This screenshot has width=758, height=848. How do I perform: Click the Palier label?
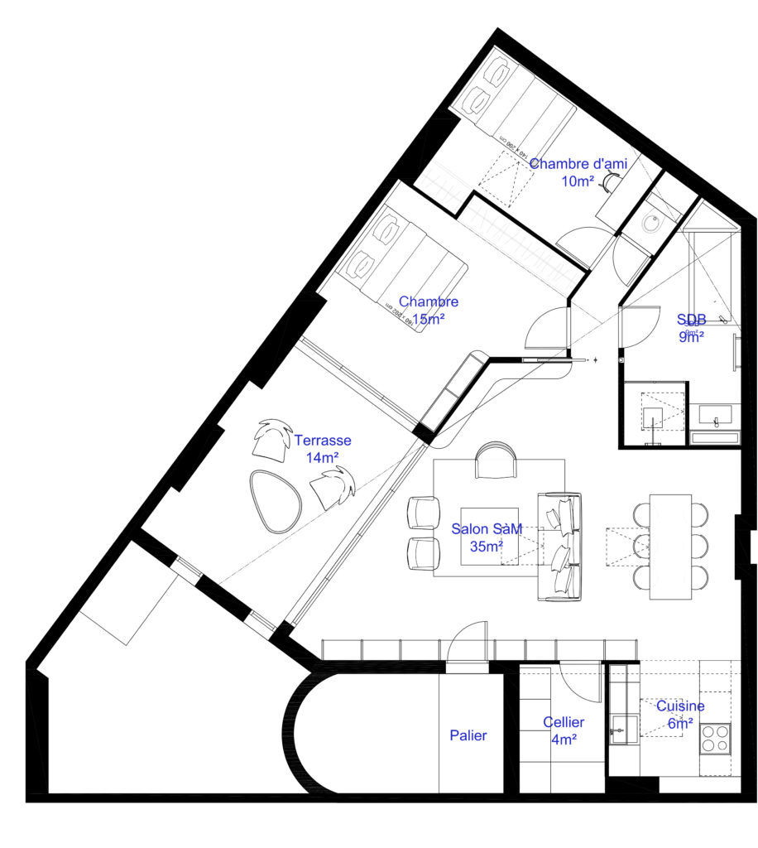(468, 735)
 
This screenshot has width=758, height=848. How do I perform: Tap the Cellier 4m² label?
(564, 731)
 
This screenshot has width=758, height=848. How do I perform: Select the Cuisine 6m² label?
(680, 715)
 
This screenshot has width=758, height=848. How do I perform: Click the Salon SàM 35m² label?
(487, 538)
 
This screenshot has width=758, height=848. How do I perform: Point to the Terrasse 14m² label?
(323, 448)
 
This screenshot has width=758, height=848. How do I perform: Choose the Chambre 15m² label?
(429, 310)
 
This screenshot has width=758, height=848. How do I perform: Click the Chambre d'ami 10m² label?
(578, 172)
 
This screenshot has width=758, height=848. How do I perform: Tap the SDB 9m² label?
(691, 327)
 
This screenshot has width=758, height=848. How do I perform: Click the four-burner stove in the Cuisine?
(715, 737)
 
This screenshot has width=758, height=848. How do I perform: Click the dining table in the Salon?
(670, 547)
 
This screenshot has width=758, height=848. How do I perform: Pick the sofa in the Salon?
(560, 546)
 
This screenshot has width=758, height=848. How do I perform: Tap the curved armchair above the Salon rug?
(496, 460)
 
